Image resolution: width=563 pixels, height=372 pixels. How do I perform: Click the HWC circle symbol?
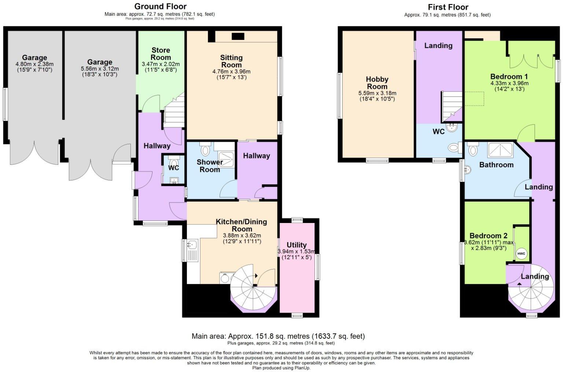(521, 254)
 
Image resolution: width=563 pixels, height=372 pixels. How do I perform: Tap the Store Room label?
(161, 54)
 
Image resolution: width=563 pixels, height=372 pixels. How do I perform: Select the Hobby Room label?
(377, 83)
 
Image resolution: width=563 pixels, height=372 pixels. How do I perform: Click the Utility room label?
(297, 245)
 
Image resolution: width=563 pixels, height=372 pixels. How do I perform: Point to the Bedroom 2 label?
(488, 236)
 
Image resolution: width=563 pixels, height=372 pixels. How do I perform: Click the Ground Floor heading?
(160, 6)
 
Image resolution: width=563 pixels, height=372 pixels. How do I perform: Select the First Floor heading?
(448, 7)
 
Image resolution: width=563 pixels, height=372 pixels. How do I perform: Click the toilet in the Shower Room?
(205, 149)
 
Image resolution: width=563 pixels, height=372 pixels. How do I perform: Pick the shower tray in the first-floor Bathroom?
(500, 150)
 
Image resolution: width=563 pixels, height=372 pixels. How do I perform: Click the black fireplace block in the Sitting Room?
(238, 37)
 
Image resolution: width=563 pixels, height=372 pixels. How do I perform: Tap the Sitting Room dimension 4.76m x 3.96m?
(231, 71)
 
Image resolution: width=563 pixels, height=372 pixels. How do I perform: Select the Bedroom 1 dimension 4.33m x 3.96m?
(509, 83)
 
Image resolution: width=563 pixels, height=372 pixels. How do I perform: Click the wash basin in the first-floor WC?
(452, 127)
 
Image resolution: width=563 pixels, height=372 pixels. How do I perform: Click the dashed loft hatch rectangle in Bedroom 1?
(474, 99)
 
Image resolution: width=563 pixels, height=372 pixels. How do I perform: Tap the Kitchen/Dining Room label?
(242, 226)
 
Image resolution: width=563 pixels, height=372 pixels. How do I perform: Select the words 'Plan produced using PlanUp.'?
(281, 368)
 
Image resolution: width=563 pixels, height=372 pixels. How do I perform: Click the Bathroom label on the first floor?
(496, 165)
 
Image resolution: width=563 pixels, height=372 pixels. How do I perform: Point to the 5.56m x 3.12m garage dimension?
(100, 69)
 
